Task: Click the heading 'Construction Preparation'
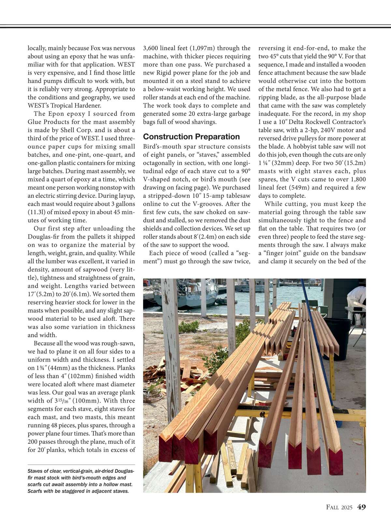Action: point(191,137)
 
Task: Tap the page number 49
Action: point(361,507)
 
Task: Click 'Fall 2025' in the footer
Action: point(339,507)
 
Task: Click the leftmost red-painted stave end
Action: point(165,449)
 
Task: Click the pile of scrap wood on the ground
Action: point(169,372)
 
